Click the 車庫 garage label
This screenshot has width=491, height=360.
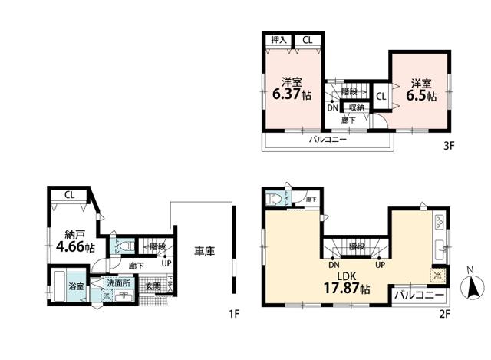point(203,250)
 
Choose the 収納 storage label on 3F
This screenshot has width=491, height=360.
point(357,107)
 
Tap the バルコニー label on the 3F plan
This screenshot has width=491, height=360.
point(328,140)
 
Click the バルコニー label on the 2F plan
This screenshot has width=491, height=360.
point(420,295)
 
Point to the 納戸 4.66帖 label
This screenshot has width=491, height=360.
point(74,243)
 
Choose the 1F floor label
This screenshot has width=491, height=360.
point(234,314)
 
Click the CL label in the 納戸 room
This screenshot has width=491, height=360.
point(69,194)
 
